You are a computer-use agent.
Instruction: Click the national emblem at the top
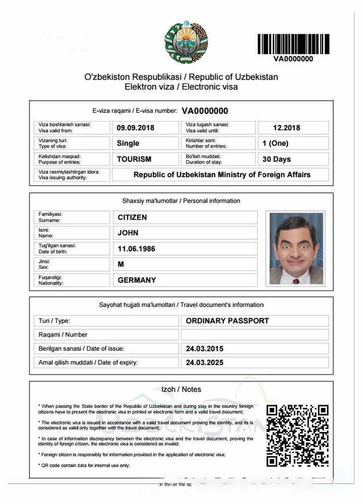click(186, 42)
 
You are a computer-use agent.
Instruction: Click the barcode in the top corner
click(293, 44)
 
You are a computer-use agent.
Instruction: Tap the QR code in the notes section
click(297, 435)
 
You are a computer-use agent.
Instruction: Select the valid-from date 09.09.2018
click(136, 128)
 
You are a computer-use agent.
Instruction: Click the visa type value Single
click(128, 143)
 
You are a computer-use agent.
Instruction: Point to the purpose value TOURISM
click(134, 159)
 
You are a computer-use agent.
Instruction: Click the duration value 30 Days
click(277, 159)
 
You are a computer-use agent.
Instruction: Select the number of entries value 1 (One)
click(275, 143)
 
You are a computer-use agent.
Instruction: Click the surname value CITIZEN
click(132, 217)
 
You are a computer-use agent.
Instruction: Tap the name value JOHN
click(128, 233)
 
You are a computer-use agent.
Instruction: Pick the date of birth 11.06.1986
click(136, 249)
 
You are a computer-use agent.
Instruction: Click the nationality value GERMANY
click(137, 280)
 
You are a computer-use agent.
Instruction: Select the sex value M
click(121, 264)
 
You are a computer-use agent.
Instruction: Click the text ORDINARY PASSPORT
click(227, 321)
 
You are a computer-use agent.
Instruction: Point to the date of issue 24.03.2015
click(205, 349)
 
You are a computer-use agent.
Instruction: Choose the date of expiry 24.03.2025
click(205, 362)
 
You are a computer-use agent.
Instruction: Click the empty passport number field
click(255, 335)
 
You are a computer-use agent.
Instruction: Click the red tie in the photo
click(296, 281)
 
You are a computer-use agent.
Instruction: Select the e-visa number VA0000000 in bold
click(205, 111)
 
